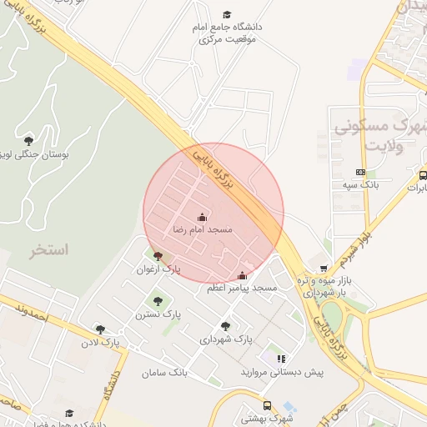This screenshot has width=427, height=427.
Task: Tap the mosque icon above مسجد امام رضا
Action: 202,217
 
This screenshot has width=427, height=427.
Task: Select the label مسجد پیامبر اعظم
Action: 242,288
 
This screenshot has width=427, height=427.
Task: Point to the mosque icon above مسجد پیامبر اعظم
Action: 242,276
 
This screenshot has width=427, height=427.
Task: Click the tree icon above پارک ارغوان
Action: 158,257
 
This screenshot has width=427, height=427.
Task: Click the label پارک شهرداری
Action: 225,339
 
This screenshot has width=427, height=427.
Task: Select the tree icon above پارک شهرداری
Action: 225,326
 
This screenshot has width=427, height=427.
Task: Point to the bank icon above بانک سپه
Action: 360,172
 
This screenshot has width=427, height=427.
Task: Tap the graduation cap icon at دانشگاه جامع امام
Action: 226,15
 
